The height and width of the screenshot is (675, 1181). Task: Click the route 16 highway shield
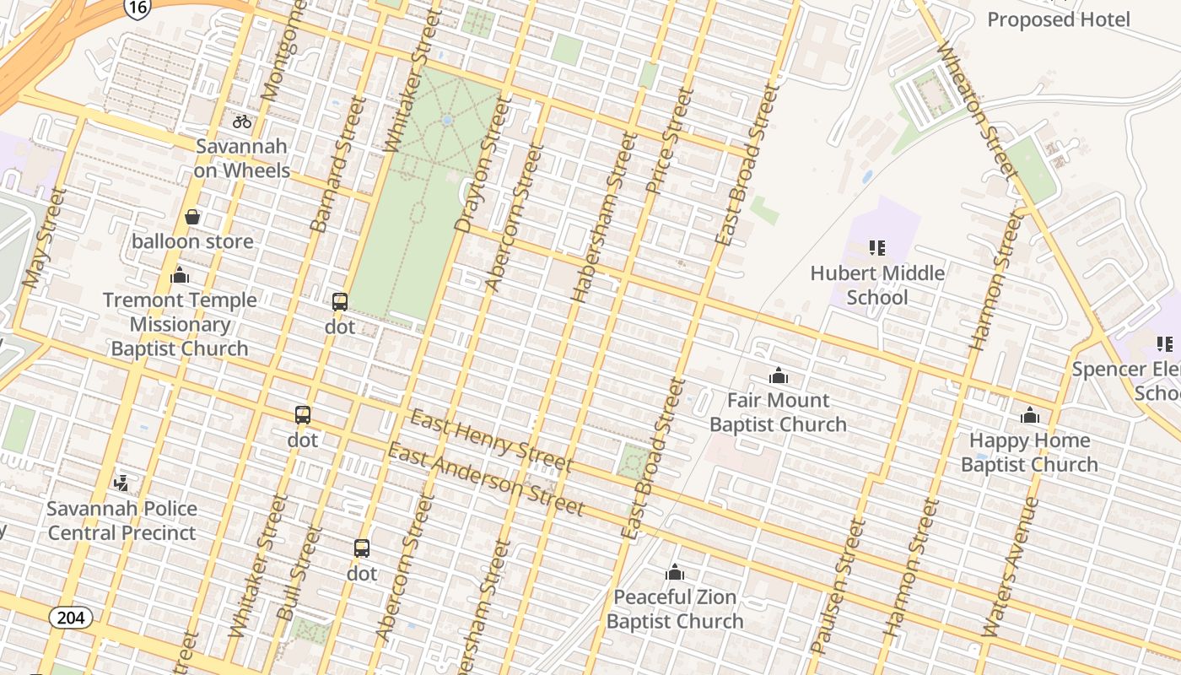coord(137,8)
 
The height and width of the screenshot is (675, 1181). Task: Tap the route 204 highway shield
coord(71,618)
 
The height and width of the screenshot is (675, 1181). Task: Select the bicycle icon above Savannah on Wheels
coord(242,121)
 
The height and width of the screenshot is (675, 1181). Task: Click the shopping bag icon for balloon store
coord(192,217)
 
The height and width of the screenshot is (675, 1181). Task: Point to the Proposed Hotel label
coord(1058,19)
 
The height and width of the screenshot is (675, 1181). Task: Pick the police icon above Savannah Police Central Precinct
coord(122,483)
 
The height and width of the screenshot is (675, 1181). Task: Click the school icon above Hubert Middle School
coord(877,248)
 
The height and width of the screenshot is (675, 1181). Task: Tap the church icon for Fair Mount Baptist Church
coord(778,375)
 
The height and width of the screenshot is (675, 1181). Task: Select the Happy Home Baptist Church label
coord(1029,452)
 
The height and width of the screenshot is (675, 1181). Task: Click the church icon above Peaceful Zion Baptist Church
coord(674,572)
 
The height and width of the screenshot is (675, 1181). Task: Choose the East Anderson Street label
coord(485,478)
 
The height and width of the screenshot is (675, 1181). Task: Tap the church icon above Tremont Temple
coord(180,275)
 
